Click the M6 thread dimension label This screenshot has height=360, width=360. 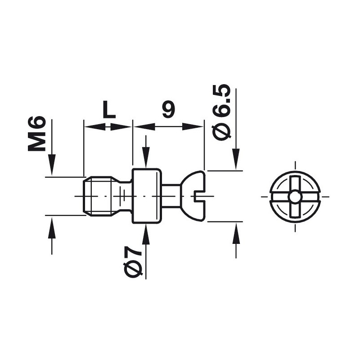36,134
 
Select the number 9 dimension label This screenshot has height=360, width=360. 169,109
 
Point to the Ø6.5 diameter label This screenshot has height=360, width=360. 221,112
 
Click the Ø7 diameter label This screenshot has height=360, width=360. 133,262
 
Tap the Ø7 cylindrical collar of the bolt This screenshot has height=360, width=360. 147,196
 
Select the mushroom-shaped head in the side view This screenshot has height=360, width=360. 193,196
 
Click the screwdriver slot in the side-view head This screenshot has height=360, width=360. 199,196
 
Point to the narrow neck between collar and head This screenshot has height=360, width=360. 171,196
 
